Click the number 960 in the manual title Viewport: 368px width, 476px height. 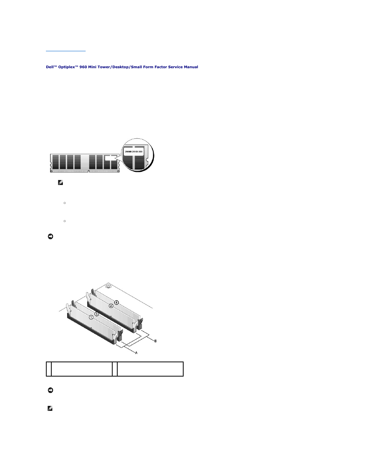(x=83, y=67)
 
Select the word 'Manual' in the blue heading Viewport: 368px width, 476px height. (x=191, y=67)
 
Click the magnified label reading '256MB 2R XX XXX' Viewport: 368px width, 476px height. (x=133, y=152)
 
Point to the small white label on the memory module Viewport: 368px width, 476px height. (x=110, y=158)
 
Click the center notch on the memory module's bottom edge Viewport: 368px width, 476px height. (x=88, y=171)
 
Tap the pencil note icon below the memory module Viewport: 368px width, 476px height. (x=61, y=183)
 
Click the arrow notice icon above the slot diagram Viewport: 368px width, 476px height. (x=50, y=236)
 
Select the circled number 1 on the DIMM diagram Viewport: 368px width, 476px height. (x=91, y=317)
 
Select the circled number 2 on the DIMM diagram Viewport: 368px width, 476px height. (x=111, y=306)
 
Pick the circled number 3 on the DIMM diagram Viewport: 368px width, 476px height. (x=97, y=314)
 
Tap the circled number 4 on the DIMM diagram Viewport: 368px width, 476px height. (x=116, y=303)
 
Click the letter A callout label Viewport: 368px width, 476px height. (x=136, y=353)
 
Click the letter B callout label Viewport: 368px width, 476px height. (x=155, y=341)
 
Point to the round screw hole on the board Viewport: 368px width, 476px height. (x=108, y=286)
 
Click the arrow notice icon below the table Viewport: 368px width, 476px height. (x=50, y=390)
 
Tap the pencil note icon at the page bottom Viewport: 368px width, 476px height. (x=50, y=408)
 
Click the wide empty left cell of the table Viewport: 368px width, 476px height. (x=81, y=369)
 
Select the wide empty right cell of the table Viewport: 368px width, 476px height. (x=150, y=369)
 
